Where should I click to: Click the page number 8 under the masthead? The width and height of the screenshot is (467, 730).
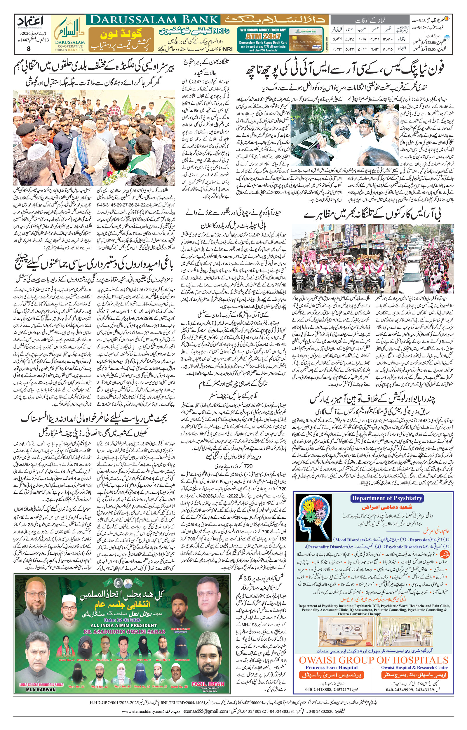[x=29, y=48]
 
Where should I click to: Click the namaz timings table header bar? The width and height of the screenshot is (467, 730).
[x=370, y=21]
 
